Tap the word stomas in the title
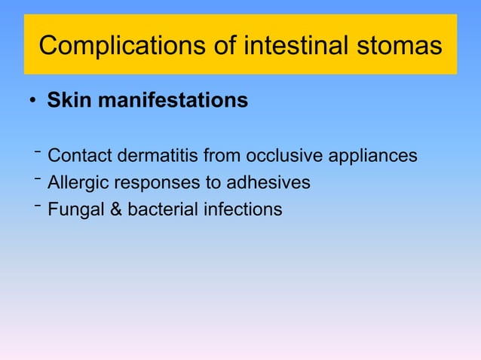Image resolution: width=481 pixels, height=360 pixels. [402, 46]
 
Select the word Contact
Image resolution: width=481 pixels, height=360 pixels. [78, 156]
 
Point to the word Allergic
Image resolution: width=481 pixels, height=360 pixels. [78, 182]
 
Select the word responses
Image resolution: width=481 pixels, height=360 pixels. [153, 183]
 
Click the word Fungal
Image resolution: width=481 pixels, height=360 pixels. [75, 209]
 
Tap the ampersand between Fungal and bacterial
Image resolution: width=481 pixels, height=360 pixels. [116, 209]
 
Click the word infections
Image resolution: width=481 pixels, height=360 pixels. [243, 209]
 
